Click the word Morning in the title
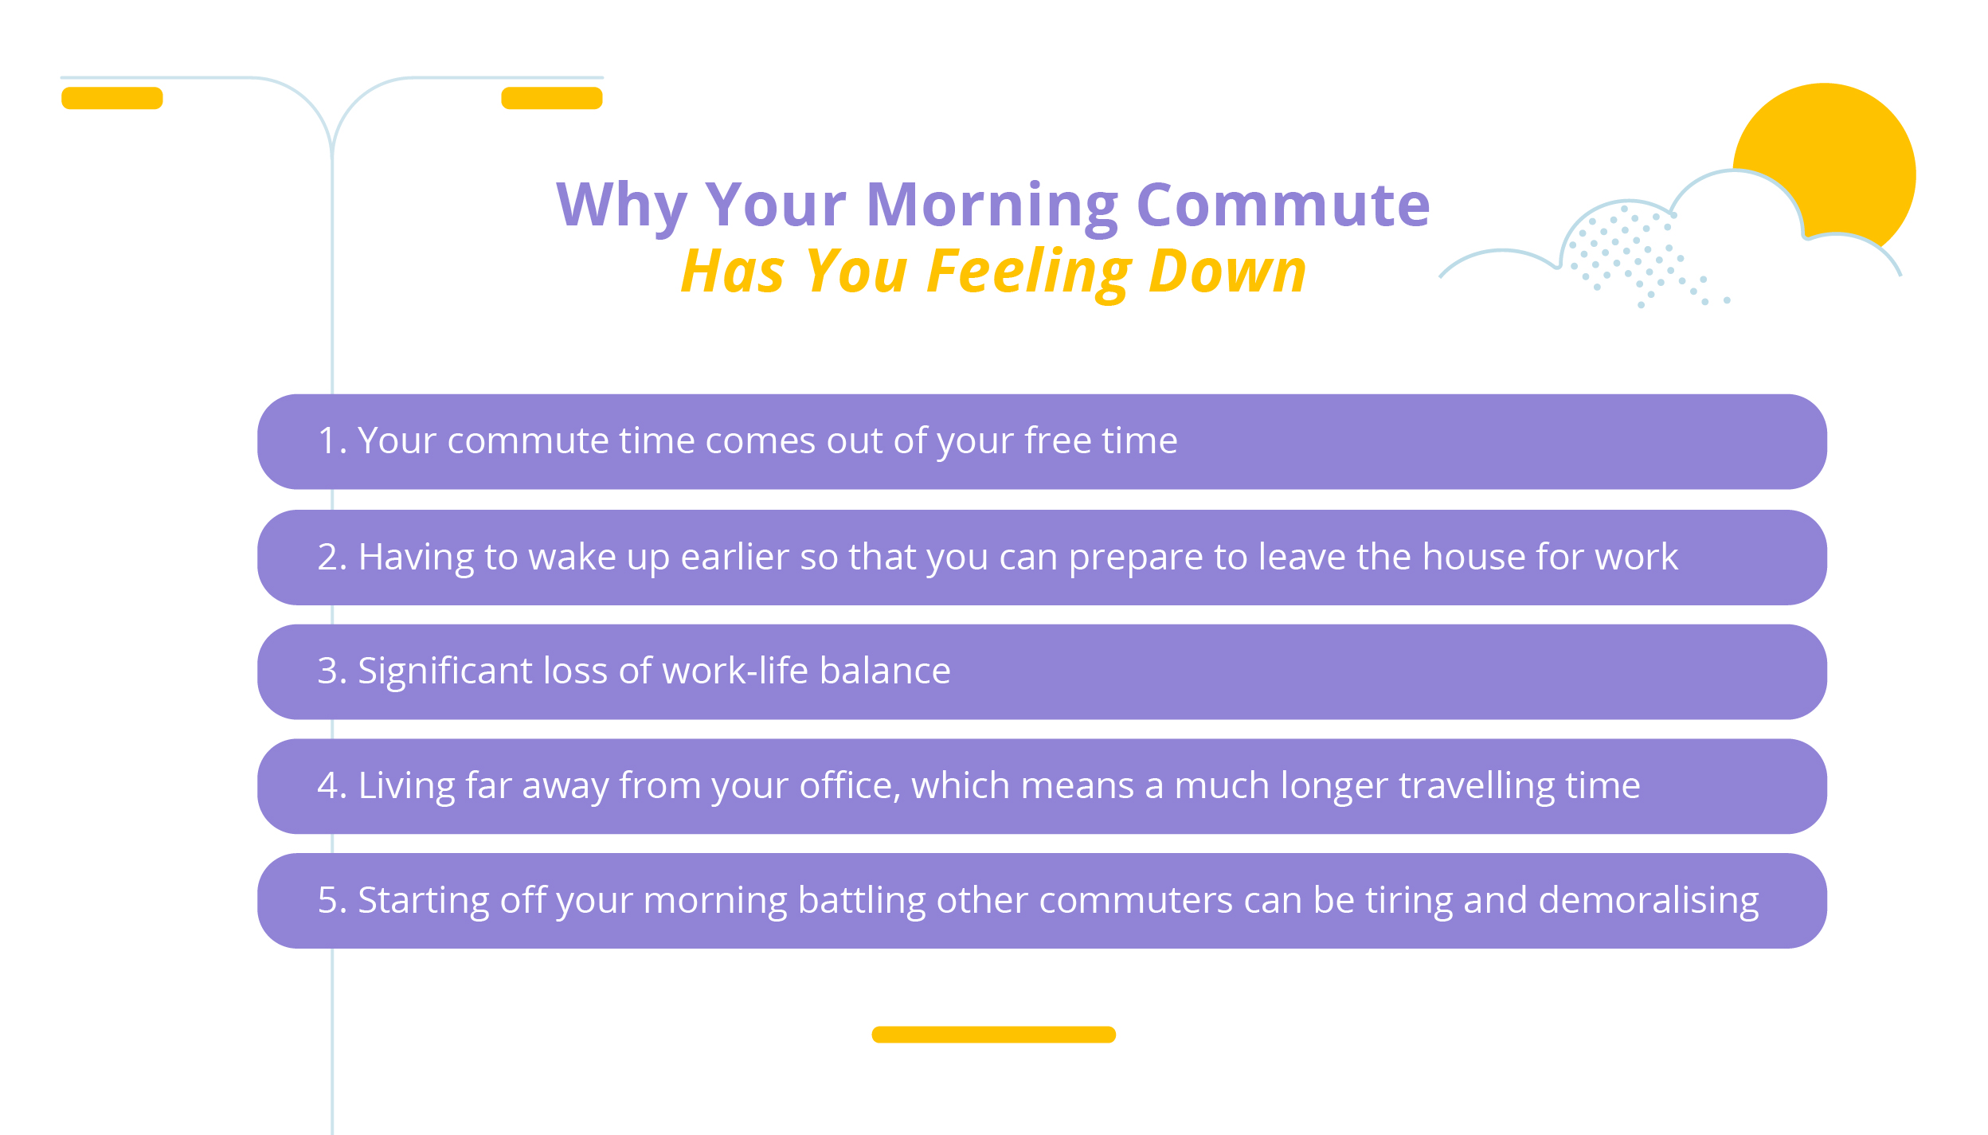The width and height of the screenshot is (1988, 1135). (x=992, y=205)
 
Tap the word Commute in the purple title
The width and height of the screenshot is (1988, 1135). (x=1282, y=205)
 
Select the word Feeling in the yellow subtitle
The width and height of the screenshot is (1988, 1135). (x=1028, y=272)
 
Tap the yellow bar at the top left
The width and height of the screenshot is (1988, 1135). (x=112, y=98)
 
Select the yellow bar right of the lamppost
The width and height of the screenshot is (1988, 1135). (x=551, y=98)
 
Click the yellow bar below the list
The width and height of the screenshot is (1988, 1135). (x=993, y=1035)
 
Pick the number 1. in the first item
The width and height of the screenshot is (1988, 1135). (x=331, y=440)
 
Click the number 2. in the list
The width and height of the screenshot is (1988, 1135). (x=331, y=557)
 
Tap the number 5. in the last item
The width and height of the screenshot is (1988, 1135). (x=331, y=900)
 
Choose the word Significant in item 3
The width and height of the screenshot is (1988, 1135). (x=444, y=671)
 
